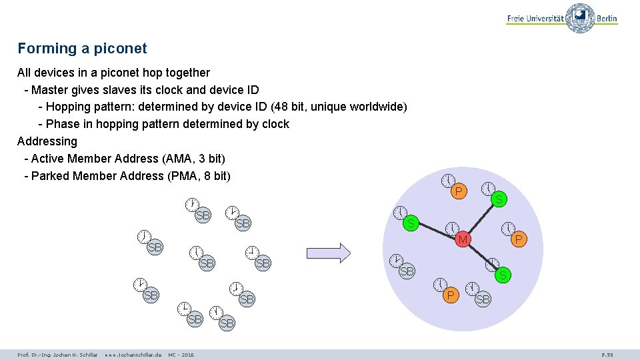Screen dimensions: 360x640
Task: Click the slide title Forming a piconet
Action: point(82,49)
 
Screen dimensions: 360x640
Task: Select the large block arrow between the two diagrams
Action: point(328,253)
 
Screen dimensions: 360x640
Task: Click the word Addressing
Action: point(47,141)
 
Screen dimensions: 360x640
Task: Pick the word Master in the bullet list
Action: point(50,89)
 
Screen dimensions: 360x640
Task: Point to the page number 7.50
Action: point(607,355)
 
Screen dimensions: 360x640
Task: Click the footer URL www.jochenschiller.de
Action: point(133,355)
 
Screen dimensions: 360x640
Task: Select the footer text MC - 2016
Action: point(181,355)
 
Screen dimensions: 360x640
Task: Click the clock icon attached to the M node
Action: point(451,228)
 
